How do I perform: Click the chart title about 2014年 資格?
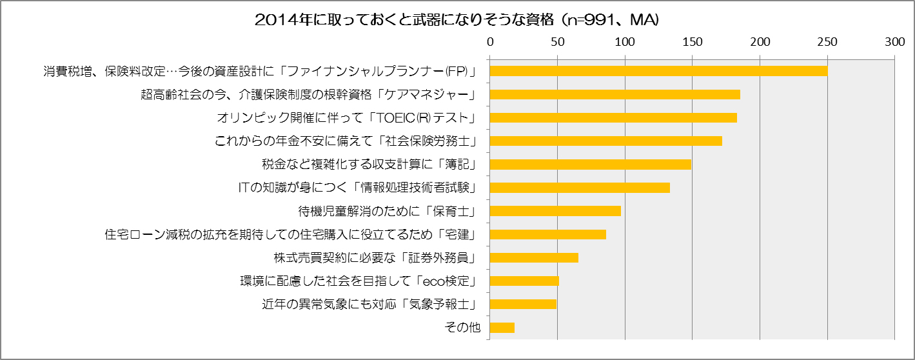[x=457, y=20]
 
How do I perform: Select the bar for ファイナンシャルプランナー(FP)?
[x=658, y=71]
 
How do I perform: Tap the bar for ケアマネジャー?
[x=615, y=94]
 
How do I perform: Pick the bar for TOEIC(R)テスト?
[x=613, y=117]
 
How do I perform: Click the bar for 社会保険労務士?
[x=605, y=141]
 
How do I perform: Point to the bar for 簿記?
[x=590, y=164]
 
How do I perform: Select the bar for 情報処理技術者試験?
[x=580, y=188]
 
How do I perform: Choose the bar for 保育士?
[x=555, y=211]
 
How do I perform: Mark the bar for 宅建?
[x=548, y=234]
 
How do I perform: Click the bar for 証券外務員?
[x=534, y=257]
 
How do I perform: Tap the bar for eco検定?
[x=524, y=281]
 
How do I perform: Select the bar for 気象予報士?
[x=523, y=304]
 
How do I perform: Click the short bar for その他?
[x=502, y=327]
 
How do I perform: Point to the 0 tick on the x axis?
[x=490, y=42]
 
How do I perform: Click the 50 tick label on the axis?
[x=557, y=42]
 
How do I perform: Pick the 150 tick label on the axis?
[x=693, y=42]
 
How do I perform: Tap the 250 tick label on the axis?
[x=827, y=42]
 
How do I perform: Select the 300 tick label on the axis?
[x=895, y=42]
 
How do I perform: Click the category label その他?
[x=463, y=328]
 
